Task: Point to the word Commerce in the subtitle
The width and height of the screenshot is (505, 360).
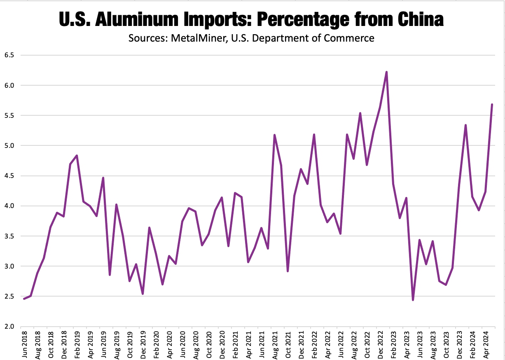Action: coord(353,38)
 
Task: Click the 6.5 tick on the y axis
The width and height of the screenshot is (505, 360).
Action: coord(9,55)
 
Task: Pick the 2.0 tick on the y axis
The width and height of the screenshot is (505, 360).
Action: coord(9,327)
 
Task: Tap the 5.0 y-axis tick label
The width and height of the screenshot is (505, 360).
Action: coord(9,146)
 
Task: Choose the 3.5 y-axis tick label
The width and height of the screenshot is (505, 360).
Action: coord(9,236)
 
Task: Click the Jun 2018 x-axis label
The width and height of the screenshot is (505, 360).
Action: coord(24,343)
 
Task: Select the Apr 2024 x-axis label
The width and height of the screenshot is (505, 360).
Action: coord(486,343)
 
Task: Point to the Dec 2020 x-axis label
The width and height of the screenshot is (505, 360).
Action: coord(222,343)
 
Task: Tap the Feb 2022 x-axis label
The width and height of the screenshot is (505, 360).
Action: coord(314,343)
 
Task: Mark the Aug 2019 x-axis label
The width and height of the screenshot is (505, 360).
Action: coord(117,343)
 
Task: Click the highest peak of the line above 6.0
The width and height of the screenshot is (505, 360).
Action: coord(386,72)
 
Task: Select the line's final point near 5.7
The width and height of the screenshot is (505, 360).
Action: coord(492,105)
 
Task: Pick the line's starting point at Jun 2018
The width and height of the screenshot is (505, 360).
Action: coord(24,299)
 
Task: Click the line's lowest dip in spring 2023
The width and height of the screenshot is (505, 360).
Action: coord(413,300)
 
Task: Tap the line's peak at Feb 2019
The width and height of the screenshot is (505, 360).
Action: coord(77,156)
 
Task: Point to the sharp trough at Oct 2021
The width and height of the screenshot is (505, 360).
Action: coord(288,271)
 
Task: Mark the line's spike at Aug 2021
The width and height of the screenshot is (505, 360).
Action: coord(274,135)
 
